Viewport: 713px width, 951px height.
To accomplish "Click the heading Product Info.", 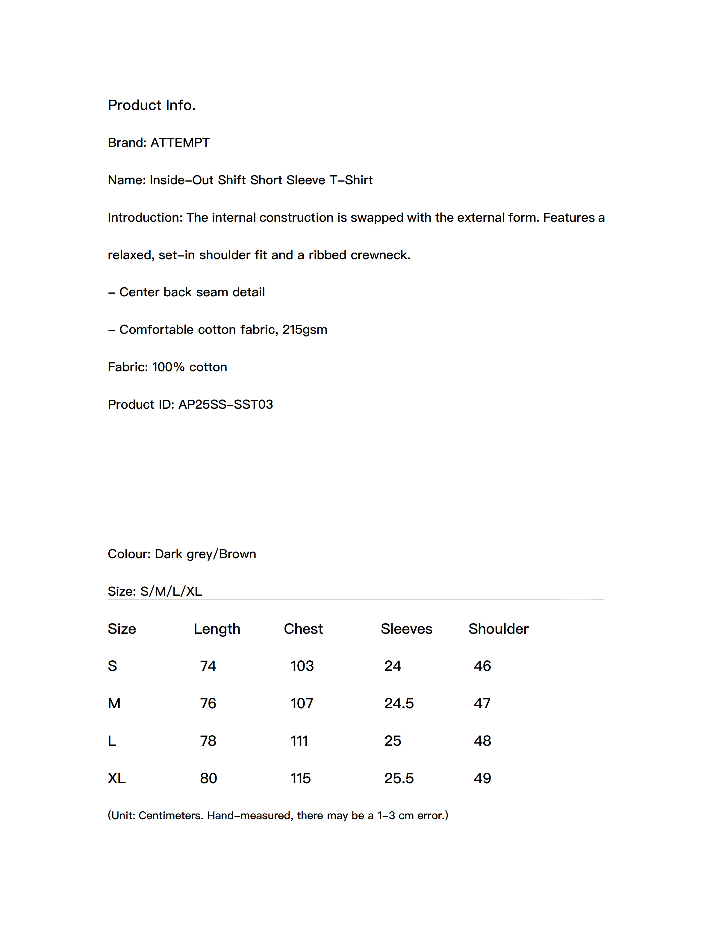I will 151,105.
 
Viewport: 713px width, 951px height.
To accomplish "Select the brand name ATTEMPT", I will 180,143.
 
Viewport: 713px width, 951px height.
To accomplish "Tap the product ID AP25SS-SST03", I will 225,404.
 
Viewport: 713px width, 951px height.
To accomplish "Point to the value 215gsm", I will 305,330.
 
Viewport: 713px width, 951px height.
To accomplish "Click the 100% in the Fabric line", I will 168,367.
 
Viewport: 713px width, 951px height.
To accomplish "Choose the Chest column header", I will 303,629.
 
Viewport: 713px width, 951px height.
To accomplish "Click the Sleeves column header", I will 406,629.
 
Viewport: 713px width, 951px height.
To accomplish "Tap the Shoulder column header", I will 498,629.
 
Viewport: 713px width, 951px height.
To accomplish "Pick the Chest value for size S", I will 302,666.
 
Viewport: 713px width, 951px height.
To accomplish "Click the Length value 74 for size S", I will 208,666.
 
